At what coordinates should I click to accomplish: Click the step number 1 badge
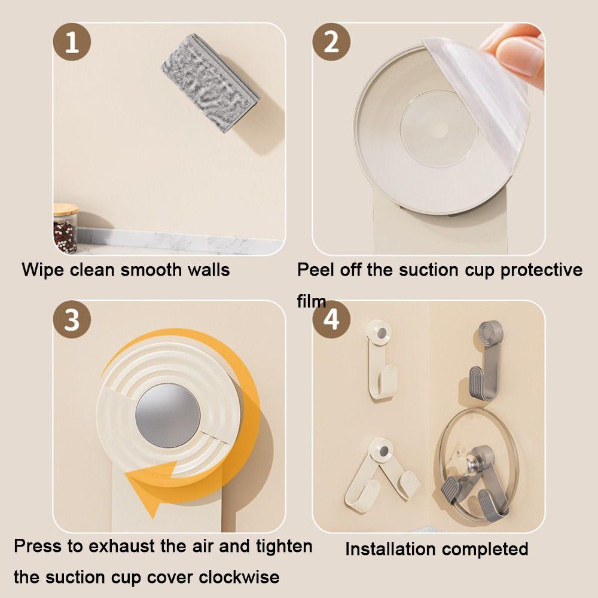72,43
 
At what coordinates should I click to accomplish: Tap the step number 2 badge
331,43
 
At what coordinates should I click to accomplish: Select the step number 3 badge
72,320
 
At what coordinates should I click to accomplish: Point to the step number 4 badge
331,320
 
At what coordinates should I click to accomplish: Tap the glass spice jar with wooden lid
65,229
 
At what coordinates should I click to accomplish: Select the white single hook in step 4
378,359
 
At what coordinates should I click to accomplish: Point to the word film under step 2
311,301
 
